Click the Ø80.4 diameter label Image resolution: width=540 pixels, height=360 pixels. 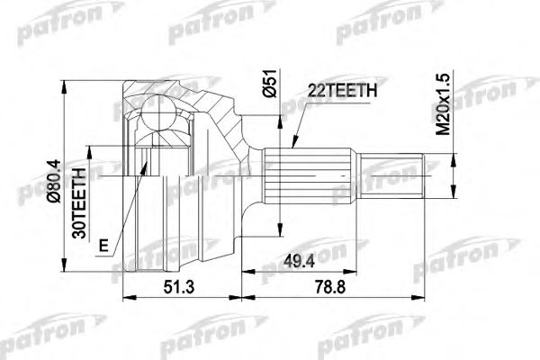(55, 182)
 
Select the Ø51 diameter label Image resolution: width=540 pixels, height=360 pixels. (270, 83)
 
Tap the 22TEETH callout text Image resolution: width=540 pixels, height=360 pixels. (342, 91)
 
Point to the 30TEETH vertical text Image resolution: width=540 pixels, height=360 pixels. (79, 203)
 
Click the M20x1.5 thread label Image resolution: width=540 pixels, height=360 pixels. (444, 104)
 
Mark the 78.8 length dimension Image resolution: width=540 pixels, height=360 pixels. (330, 287)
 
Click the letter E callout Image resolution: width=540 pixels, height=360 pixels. (103, 246)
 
